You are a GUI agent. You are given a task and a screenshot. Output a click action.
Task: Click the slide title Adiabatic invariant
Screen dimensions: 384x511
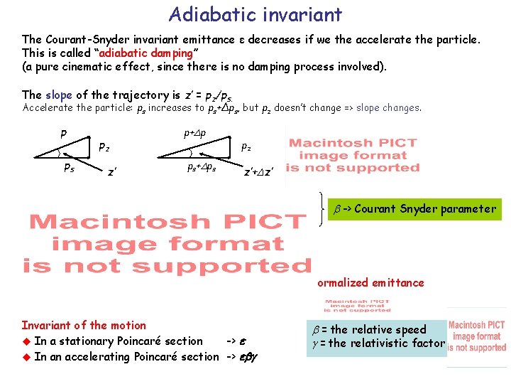point(255,14)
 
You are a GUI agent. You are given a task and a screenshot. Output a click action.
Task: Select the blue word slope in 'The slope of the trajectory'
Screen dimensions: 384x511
point(58,95)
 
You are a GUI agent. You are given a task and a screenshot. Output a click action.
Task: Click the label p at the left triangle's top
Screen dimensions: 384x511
point(63,133)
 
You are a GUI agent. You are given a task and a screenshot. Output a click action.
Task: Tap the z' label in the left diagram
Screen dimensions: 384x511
point(111,171)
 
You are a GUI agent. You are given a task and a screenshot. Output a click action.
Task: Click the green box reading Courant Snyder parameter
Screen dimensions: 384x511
point(413,209)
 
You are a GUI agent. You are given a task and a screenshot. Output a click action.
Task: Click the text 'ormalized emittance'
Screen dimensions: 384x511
point(370,282)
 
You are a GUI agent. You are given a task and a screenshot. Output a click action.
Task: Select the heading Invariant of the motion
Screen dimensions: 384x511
point(84,325)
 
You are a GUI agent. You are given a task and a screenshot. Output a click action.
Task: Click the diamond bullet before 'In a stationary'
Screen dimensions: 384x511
point(26,341)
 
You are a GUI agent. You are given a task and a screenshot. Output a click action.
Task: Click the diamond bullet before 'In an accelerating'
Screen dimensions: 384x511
point(26,357)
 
